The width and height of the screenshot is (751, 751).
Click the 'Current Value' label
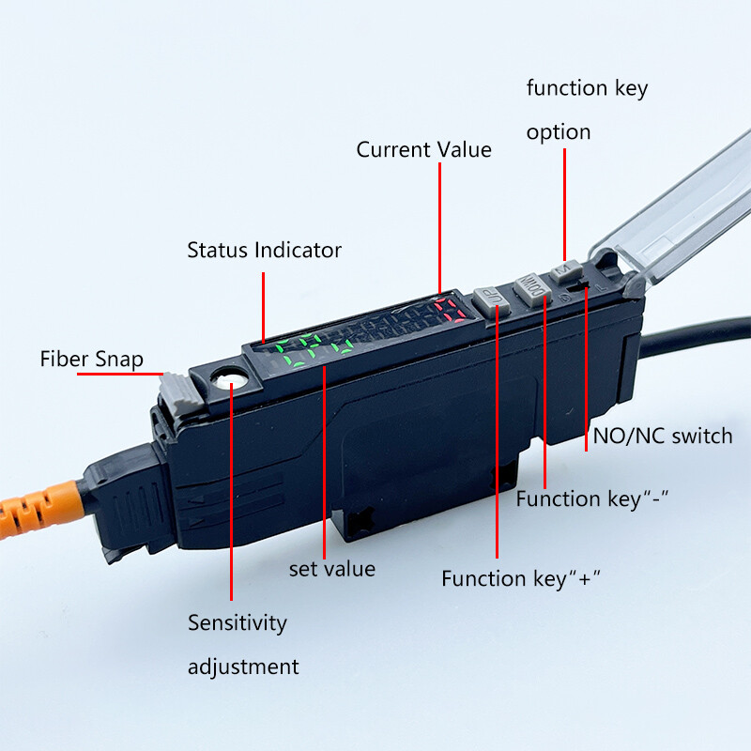click(x=423, y=149)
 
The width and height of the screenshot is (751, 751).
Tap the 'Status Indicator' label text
click(x=264, y=250)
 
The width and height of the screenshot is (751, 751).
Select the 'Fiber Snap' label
click(x=91, y=359)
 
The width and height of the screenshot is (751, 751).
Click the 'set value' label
click(x=331, y=568)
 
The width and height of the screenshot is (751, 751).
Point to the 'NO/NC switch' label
click(x=663, y=436)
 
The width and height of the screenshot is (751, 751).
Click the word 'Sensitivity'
click(x=238, y=622)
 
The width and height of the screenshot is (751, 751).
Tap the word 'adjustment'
click(x=243, y=667)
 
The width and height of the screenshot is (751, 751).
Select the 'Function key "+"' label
click(x=521, y=579)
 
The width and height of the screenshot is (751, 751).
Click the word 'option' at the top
click(x=559, y=131)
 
